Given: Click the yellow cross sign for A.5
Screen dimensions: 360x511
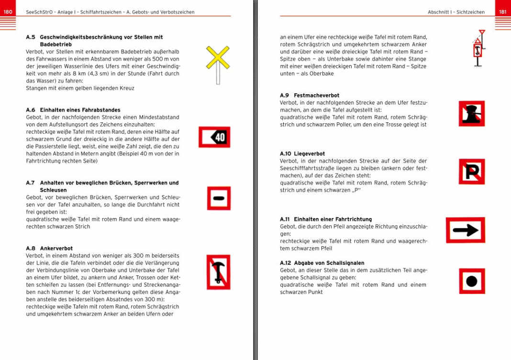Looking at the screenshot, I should [218, 58].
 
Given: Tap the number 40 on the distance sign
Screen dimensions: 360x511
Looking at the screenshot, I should [220, 138].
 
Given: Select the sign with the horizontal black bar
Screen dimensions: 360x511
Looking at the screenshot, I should [219, 198].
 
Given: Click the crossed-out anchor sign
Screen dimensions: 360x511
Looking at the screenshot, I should [218, 272].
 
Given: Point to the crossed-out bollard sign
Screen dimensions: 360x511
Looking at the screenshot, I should [471, 114].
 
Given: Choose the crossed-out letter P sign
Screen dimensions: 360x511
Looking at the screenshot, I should [471, 172].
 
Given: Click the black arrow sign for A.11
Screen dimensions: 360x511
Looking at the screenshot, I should [465, 230].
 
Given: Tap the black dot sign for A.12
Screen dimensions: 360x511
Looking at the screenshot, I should [471, 281].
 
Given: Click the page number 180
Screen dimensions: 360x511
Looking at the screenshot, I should [8, 12].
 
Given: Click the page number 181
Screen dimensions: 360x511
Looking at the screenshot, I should [502, 12].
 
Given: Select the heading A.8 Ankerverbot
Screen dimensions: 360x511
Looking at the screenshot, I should [49, 249].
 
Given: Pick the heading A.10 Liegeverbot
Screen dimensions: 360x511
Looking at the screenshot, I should [302, 154].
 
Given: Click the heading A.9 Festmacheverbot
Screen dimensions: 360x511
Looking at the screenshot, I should [310, 96].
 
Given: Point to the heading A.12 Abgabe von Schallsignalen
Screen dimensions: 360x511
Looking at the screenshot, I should [322, 263].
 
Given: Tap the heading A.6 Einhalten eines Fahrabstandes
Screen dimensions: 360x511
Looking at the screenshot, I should [73, 110].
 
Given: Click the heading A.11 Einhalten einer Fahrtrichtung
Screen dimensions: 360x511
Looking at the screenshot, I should [326, 219].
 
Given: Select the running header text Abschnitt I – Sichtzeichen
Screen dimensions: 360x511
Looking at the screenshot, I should [456, 12].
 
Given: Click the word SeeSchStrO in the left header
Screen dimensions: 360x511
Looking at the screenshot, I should [37, 12].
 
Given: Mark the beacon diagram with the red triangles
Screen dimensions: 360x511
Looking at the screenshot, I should [478, 50].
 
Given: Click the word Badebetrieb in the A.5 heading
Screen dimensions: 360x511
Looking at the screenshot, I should [56, 44].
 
